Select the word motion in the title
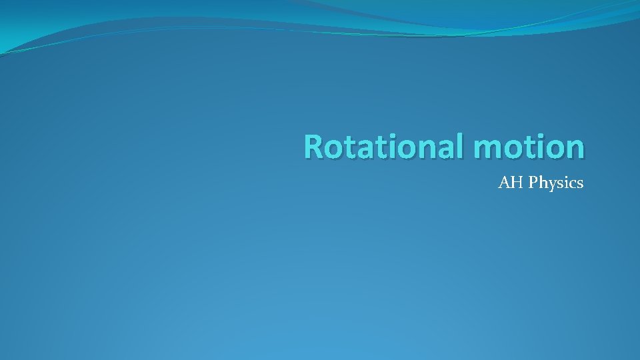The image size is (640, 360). tap(531, 147)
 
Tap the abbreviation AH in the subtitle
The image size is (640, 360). tap(511, 182)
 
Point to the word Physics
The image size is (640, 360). tap(556, 183)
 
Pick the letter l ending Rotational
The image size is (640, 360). tap(463, 145)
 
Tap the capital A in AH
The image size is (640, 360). tap(505, 182)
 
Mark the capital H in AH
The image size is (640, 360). tap(517, 182)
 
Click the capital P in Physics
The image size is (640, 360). tap(533, 182)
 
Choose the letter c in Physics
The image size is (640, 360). tap(573, 183)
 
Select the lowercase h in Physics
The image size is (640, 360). tap(542, 182)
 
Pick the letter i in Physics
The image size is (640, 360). tap(566, 182)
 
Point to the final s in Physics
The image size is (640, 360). tap(580, 183)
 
